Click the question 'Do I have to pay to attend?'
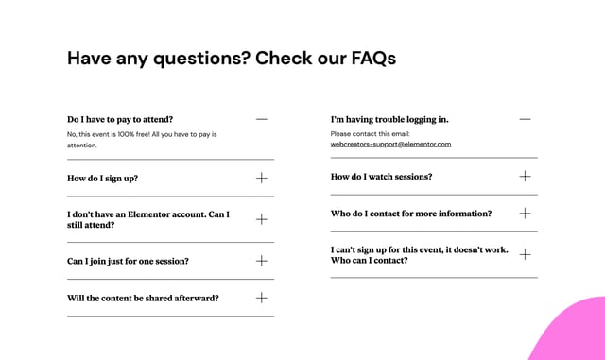click(120, 120)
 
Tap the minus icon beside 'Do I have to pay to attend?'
click(262, 120)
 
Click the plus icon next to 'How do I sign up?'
click(262, 178)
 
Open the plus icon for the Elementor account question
click(262, 219)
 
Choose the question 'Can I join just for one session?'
click(128, 261)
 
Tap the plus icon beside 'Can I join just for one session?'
click(262, 261)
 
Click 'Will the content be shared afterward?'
click(143, 298)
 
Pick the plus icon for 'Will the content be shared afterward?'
click(262, 298)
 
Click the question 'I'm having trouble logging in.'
click(389, 120)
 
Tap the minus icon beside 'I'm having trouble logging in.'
click(526, 120)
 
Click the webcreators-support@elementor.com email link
click(390, 145)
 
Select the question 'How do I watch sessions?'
click(381, 177)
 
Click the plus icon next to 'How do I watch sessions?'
click(526, 177)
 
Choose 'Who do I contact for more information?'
click(411, 214)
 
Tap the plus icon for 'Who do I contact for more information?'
click(526, 214)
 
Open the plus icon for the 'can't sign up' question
click(526, 254)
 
